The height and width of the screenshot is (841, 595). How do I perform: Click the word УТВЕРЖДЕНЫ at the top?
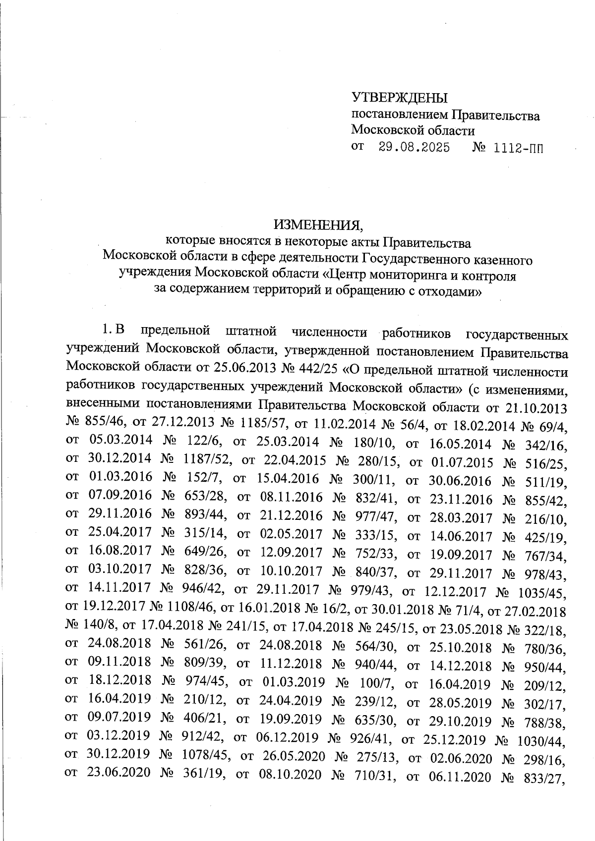(399, 97)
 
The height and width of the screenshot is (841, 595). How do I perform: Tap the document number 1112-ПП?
(519, 148)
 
